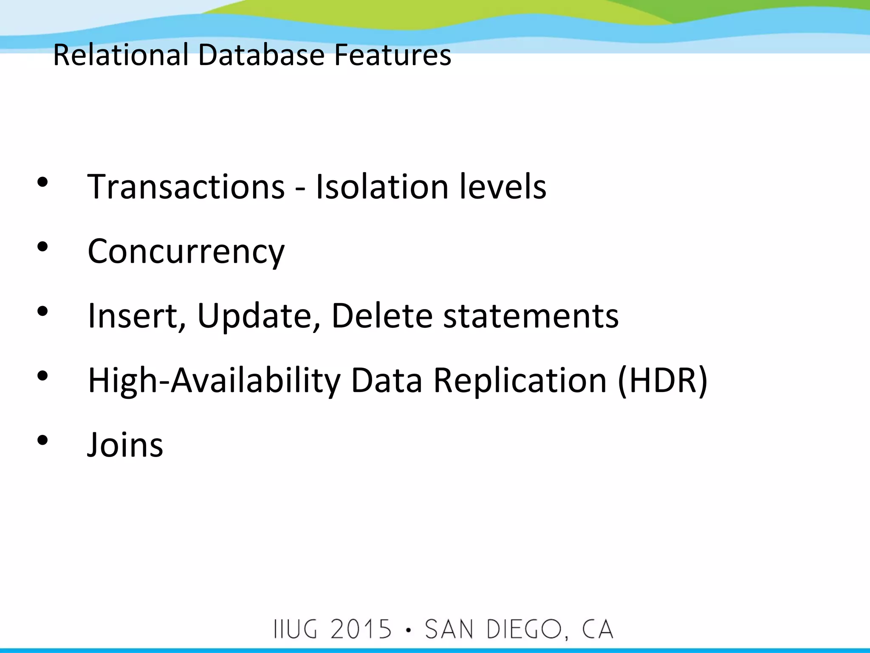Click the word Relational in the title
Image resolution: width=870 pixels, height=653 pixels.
click(121, 55)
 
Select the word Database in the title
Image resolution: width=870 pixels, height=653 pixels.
click(261, 55)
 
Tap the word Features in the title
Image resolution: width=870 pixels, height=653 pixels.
click(393, 55)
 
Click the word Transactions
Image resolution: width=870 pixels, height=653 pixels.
click(186, 187)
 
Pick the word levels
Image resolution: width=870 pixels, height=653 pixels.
click(503, 187)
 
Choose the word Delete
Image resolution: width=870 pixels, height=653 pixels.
click(382, 316)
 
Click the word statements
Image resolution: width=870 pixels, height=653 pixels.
click(531, 316)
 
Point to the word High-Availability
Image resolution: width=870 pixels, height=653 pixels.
click(214, 381)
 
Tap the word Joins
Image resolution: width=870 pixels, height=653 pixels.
click(125, 445)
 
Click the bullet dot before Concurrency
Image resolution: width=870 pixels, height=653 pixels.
click(42, 247)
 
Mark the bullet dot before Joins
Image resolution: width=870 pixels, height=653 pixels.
click(42, 440)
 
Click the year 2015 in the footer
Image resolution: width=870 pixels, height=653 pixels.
click(361, 630)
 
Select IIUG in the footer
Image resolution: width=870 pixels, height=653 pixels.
click(296, 630)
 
